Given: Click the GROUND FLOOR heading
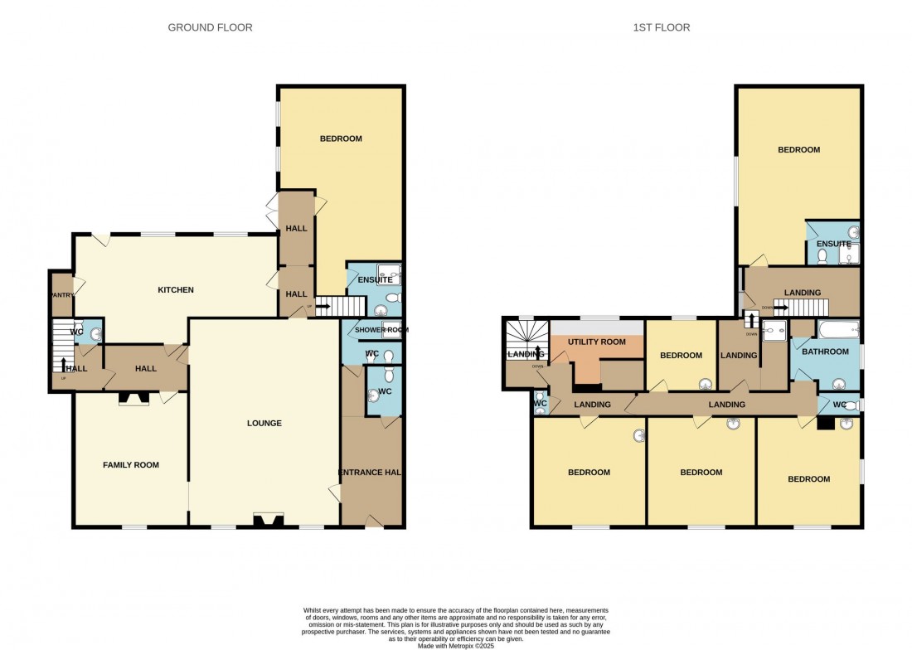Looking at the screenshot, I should (210, 27).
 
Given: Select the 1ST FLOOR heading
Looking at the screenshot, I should (662, 27).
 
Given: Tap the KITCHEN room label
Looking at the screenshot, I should (176, 290).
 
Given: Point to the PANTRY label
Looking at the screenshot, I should (61, 294).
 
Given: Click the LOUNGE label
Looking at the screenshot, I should (264, 424).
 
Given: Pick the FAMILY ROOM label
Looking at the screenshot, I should (130, 465).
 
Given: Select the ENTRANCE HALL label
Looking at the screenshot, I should (371, 473).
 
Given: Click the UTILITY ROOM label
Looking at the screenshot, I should (596, 342).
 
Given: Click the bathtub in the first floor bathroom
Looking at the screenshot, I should (837, 332).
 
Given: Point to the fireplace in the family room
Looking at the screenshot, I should (133, 399).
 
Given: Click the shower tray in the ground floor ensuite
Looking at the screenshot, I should (388, 274).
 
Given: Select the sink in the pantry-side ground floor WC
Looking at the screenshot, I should (95, 334).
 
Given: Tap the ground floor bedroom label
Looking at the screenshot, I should (341, 138).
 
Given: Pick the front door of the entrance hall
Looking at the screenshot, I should (372, 522).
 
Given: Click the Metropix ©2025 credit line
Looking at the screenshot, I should (455, 644).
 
